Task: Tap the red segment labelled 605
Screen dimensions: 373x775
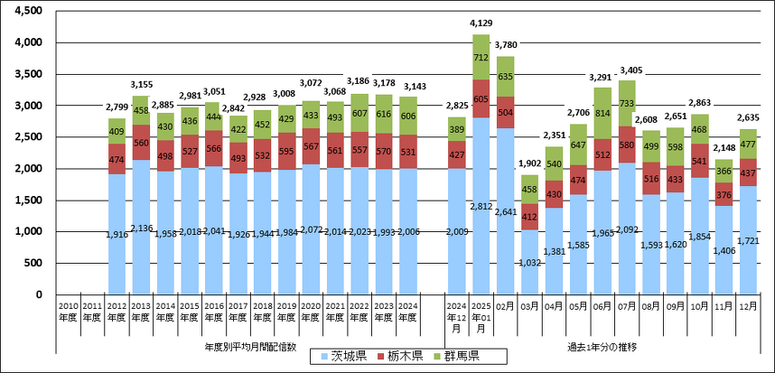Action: [481, 98]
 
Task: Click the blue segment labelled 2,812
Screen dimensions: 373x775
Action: [481, 206]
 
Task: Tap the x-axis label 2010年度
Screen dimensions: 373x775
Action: [68, 310]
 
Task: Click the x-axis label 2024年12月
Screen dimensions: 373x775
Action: [456, 316]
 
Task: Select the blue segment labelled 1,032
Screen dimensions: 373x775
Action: [529, 262]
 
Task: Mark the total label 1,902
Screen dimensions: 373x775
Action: [529, 164]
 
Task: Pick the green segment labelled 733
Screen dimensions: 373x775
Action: [627, 104]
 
